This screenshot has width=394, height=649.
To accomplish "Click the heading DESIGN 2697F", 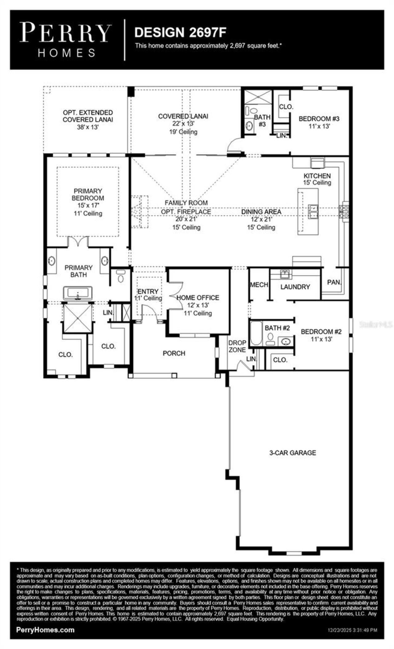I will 181,32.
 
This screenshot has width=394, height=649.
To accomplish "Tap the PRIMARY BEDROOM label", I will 88,194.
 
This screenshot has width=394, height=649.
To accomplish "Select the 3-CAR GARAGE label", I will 292,453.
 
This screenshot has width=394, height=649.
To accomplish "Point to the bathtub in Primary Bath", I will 78,293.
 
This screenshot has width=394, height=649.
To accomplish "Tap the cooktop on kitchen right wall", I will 344,212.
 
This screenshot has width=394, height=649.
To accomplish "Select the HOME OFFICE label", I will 198,297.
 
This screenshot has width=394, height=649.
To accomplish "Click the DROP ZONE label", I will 237,346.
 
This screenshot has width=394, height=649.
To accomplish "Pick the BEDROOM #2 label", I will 321,332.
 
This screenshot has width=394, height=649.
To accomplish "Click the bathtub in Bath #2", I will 256,333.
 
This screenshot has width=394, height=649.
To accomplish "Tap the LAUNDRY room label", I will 295,287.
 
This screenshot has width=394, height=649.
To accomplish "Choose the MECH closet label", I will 259,285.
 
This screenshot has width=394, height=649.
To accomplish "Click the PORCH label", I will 174,353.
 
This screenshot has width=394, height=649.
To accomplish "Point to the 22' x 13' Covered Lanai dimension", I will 183,124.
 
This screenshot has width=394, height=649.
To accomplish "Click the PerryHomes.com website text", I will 45,630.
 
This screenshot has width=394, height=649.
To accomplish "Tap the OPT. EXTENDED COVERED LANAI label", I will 88,116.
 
